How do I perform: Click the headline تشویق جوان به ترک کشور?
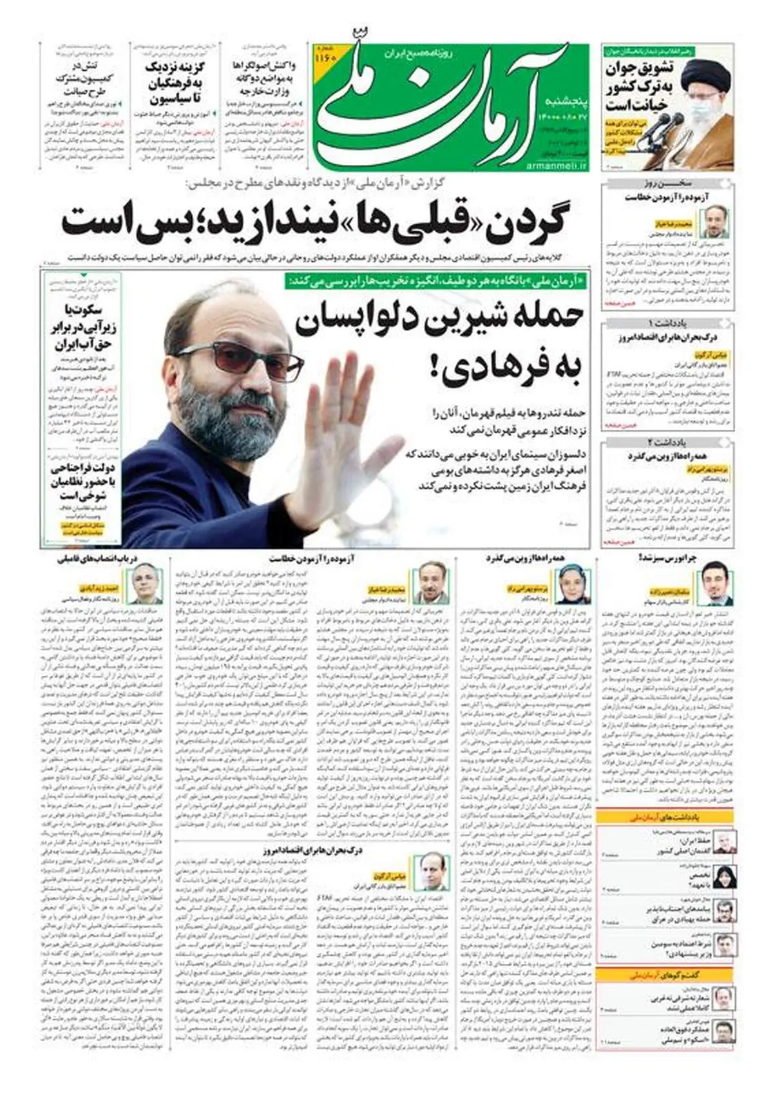tap(638, 87)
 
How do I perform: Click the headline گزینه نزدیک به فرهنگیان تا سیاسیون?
tap(171, 83)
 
